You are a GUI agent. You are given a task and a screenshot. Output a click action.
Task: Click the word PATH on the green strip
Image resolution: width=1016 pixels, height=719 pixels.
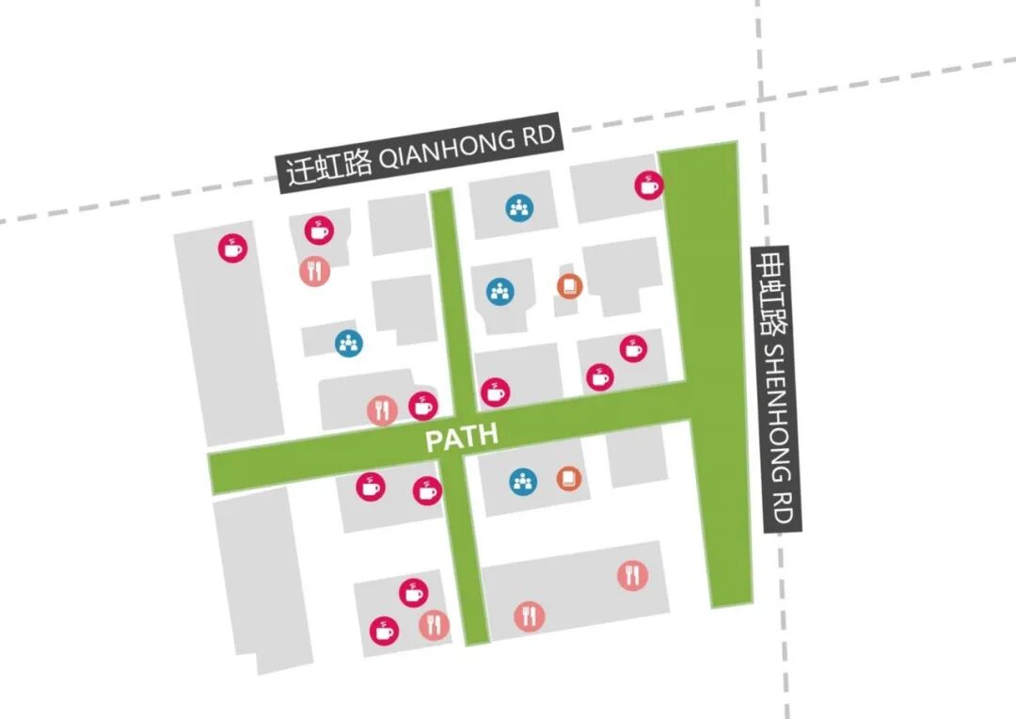tap(462, 437)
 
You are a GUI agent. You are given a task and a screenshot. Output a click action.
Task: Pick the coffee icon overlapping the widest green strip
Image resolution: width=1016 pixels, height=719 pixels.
tap(648, 184)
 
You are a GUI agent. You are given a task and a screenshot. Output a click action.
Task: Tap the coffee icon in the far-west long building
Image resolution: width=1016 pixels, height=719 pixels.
tap(232, 248)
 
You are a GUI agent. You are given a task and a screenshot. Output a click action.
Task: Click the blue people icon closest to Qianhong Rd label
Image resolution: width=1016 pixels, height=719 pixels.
tap(519, 208)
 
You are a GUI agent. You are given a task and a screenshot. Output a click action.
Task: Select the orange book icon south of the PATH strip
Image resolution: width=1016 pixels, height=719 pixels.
tap(569, 478)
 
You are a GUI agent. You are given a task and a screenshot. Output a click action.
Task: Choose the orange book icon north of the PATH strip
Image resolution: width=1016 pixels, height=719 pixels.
tap(569, 286)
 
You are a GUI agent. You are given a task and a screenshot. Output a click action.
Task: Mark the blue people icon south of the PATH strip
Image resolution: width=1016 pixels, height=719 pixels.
tap(523, 482)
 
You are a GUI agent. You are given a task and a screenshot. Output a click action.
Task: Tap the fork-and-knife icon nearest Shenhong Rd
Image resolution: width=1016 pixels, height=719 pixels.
tap(632, 575)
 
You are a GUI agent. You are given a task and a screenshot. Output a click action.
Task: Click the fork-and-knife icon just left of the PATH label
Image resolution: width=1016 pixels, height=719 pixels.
tap(382, 410)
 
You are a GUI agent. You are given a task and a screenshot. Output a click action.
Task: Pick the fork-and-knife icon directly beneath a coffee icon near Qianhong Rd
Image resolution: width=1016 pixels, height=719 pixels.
tap(315, 271)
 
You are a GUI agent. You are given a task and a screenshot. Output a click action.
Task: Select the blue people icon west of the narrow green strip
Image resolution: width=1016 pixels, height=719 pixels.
tap(349, 343)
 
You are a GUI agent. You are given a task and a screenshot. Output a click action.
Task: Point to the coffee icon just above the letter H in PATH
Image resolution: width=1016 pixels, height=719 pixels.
tap(495, 392)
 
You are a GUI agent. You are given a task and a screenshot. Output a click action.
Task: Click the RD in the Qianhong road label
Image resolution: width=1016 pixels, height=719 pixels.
tap(540, 136)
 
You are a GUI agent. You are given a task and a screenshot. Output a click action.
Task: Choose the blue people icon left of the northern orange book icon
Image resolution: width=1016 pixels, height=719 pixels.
tap(500, 291)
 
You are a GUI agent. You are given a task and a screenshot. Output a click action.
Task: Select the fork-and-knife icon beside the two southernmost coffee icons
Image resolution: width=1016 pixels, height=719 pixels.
tap(434, 624)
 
